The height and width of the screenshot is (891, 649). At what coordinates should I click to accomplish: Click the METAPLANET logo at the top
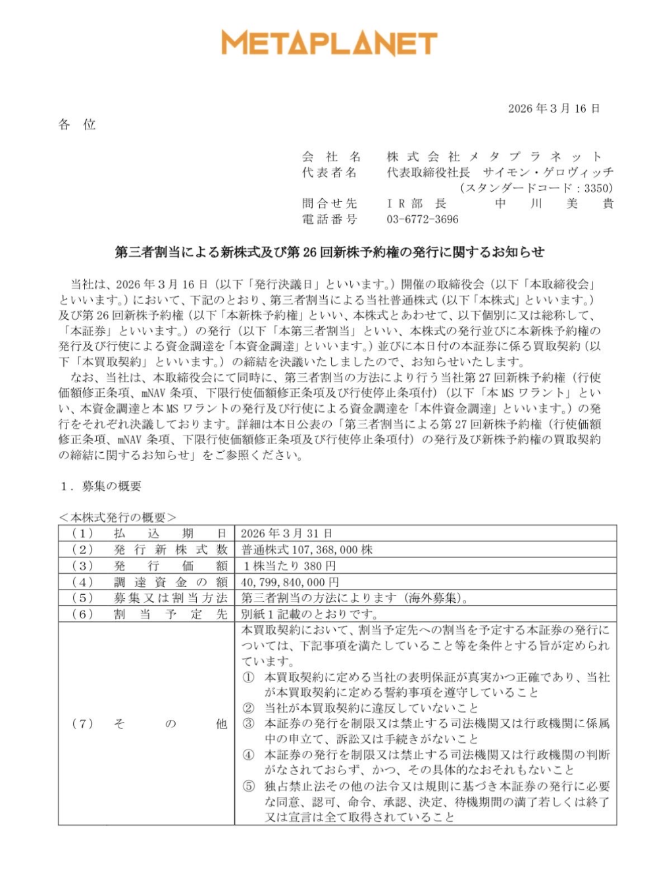(x=329, y=43)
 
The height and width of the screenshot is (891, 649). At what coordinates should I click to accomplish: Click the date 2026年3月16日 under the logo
(x=554, y=109)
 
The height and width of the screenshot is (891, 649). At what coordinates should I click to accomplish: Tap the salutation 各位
(x=77, y=125)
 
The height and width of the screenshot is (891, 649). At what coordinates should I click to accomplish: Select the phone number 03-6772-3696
(x=422, y=219)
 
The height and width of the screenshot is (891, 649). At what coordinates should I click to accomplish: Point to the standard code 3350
(x=598, y=188)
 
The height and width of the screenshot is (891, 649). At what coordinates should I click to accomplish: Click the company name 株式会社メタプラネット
(x=494, y=157)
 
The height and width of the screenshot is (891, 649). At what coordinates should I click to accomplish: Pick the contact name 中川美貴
(x=554, y=203)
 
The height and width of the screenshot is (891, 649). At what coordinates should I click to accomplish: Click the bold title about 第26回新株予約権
(x=330, y=252)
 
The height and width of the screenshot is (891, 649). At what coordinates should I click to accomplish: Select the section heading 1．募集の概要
(x=100, y=486)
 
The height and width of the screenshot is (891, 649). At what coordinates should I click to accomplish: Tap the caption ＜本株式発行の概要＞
(x=117, y=517)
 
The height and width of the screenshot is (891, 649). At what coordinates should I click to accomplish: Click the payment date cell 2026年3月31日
(x=286, y=534)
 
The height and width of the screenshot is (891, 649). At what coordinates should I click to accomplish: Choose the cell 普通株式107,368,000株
(x=307, y=549)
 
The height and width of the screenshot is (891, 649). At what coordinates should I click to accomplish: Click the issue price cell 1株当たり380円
(x=289, y=566)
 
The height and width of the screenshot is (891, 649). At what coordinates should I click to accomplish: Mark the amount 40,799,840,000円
(x=290, y=582)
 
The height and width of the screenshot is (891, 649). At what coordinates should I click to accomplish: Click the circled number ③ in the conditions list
(x=248, y=723)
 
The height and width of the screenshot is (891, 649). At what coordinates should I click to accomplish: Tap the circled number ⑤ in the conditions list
(x=248, y=786)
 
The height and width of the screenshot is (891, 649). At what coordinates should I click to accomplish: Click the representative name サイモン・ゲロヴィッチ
(x=548, y=172)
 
